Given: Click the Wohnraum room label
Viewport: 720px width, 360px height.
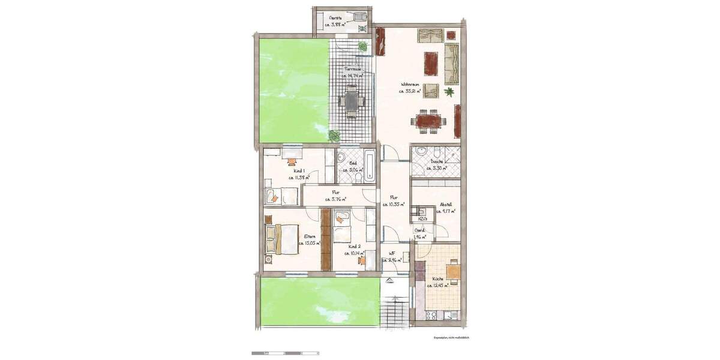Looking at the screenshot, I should [410, 85].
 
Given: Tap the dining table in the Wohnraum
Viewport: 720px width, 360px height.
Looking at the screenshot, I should [428, 122].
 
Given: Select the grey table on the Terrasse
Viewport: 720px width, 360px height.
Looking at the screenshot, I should [350, 100].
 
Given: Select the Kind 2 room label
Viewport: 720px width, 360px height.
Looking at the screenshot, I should [354, 246].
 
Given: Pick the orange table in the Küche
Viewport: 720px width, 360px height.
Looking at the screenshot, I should [454, 272].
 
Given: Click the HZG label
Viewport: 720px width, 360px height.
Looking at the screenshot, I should [422, 219].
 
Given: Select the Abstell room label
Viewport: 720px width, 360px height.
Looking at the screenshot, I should [445, 205].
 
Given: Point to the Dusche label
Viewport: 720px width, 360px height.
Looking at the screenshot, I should [437, 162].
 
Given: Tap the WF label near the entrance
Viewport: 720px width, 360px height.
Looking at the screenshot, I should [391, 253].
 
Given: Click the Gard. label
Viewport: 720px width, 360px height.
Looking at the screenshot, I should [421, 230].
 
